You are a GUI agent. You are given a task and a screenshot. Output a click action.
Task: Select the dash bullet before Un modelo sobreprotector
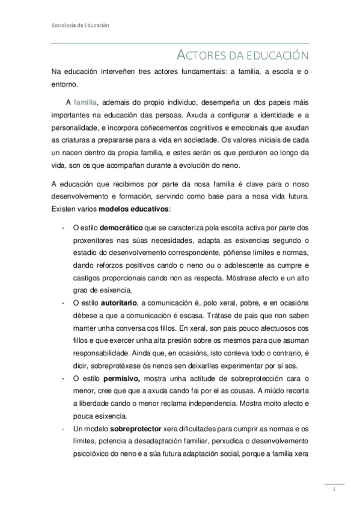tap(64, 428)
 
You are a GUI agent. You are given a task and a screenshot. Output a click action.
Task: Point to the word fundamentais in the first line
tap(189, 73)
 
